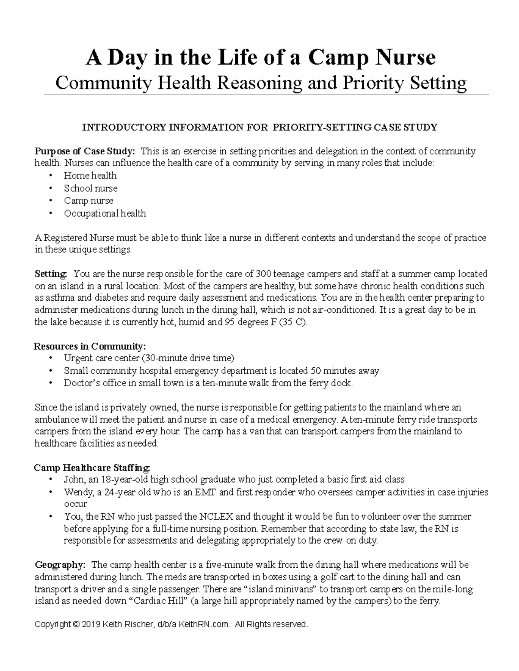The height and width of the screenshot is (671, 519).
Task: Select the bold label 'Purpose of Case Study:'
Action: [x=85, y=151]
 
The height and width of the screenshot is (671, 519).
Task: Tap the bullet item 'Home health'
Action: [x=90, y=175]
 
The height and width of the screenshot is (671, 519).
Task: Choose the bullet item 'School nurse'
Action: [x=90, y=188]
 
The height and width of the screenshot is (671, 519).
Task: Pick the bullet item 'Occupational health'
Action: [x=105, y=213]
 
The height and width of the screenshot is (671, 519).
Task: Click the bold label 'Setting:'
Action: [x=51, y=274]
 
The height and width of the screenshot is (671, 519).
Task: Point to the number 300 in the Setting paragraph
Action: [x=263, y=274]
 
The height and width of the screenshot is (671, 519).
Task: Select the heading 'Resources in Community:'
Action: [x=90, y=346]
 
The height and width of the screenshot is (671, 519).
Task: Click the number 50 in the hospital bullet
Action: [x=315, y=371]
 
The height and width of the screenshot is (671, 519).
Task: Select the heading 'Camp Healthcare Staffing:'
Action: [x=92, y=467]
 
